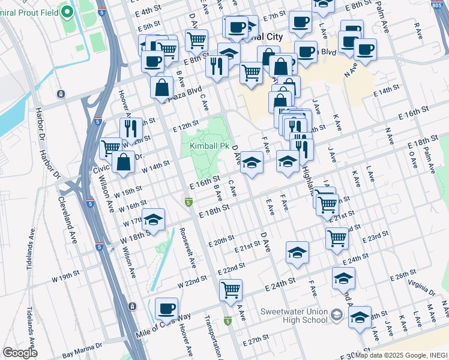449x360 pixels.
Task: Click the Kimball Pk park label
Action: [209, 146]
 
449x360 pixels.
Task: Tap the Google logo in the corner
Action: [20, 353]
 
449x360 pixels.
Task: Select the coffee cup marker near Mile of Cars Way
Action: [166, 308]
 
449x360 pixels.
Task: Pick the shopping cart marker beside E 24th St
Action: [231, 290]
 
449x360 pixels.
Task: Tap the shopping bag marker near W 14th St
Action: [123, 162]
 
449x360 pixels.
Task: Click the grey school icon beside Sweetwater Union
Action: [337, 315]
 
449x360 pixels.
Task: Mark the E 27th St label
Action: [257, 340]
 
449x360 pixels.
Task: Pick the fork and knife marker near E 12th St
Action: [130, 128]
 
